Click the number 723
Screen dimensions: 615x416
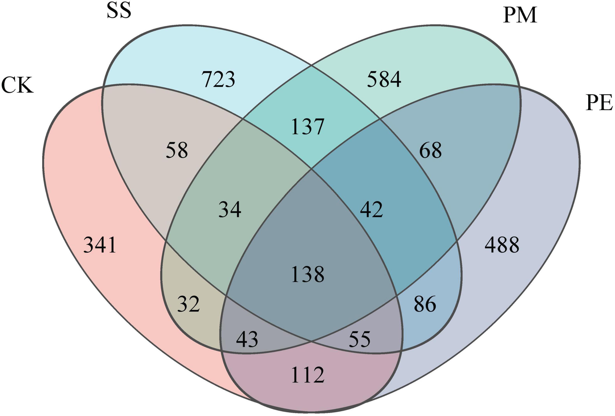click(x=218, y=79)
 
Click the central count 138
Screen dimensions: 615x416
click(x=307, y=274)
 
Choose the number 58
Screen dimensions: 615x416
click(x=177, y=150)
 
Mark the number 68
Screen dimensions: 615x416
click(x=431, y=150)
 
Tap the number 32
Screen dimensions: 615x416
click(x=188, y=304)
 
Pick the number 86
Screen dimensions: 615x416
click(x=425, y=304)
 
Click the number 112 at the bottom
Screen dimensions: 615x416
click(x=307, y=375)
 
